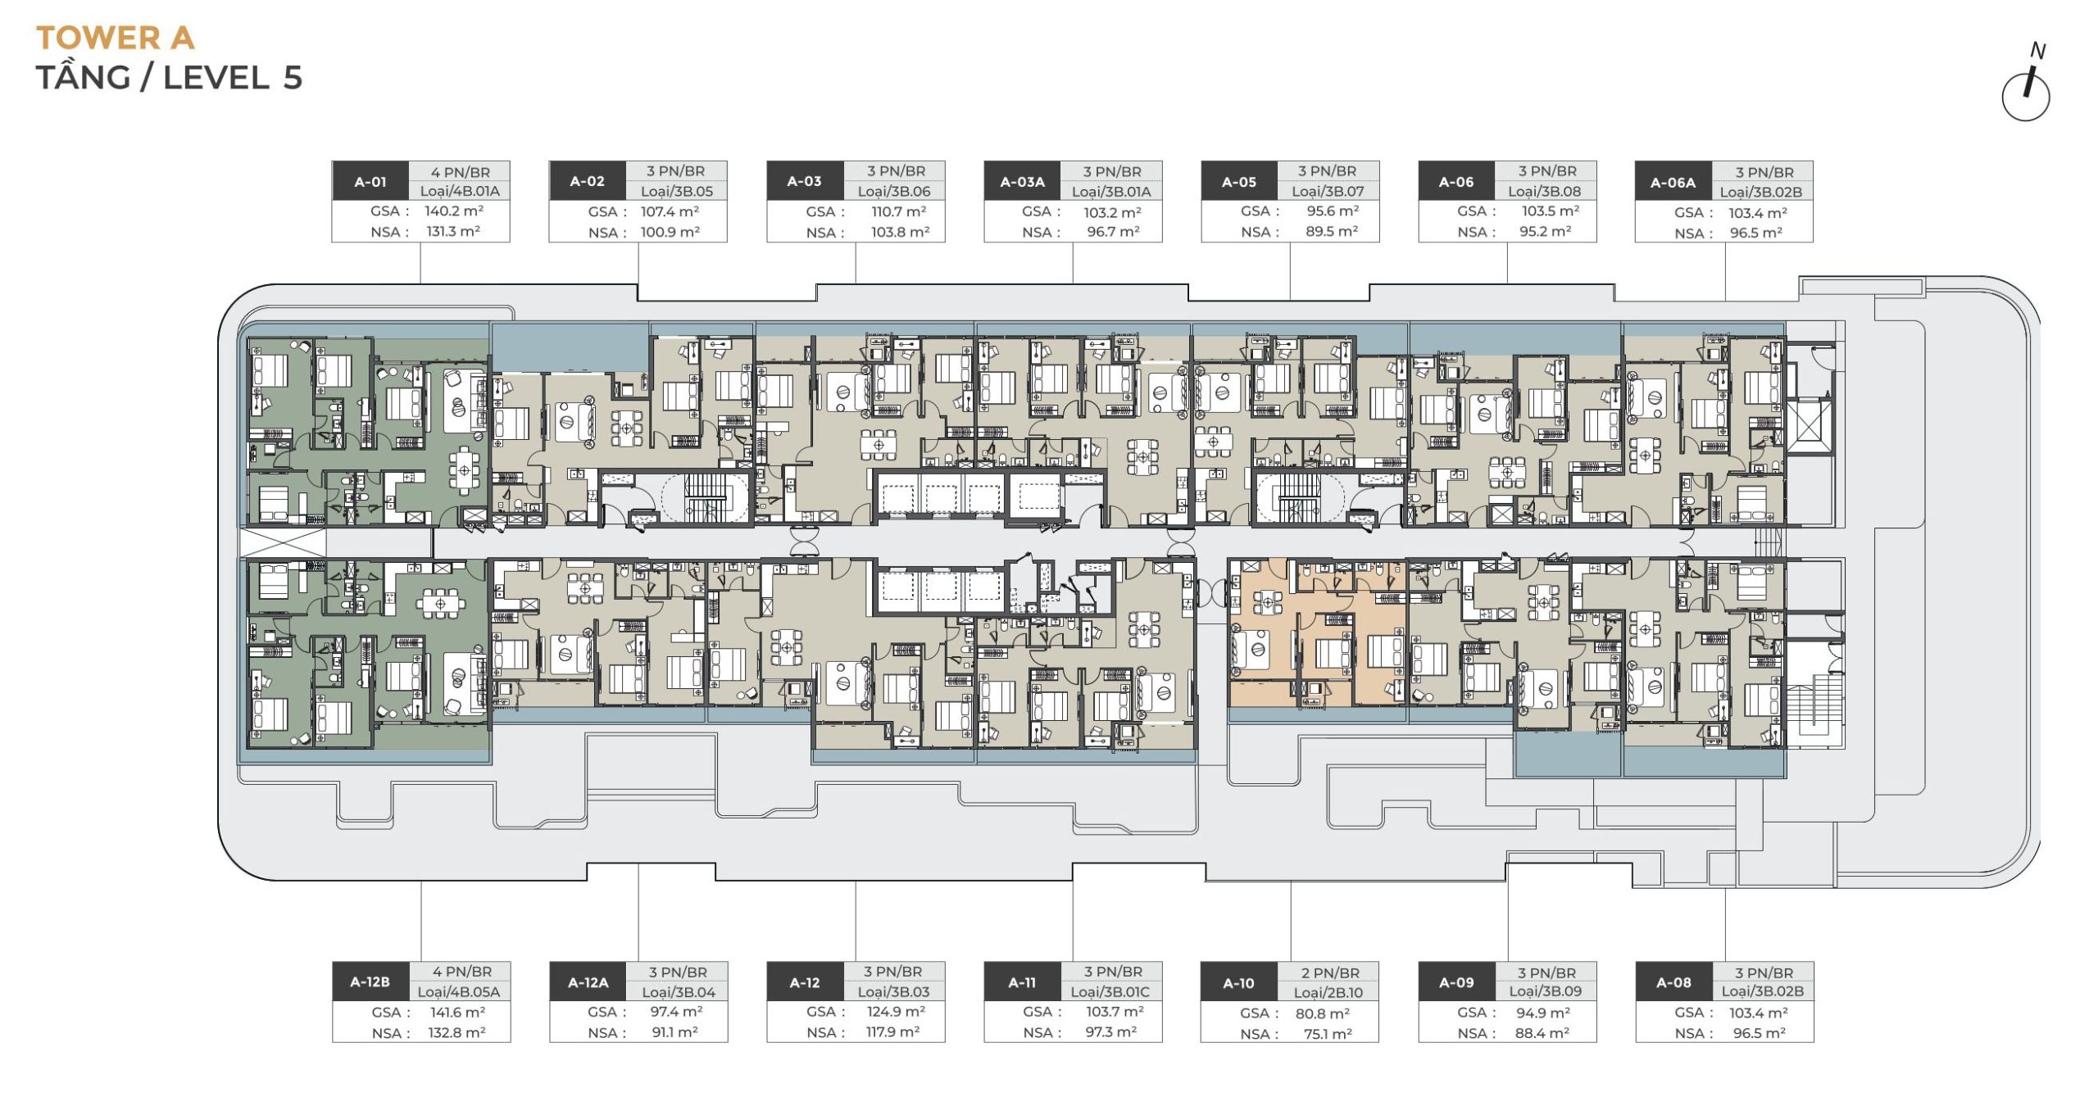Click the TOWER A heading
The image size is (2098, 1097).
(x=116, y=38)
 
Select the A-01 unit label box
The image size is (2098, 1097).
(x=370, y=182)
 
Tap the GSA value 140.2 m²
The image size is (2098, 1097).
(x=454, y=211)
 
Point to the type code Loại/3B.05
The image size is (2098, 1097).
(x=677, y=192)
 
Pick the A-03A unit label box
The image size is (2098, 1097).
(x=1022, y=182)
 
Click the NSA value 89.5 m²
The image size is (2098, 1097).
(x=1332, y=232)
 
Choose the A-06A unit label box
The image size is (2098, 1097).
(x=1673, y=183)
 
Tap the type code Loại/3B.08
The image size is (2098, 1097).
(x=1544, y=192)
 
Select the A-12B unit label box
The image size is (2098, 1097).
(x=370, y=982)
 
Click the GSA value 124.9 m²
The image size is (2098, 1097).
(x=896, y=1012)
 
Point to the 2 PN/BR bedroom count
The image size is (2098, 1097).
(x=1330, y=972)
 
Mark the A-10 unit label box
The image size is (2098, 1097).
(x=1238, y=983)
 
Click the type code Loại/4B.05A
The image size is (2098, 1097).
(x=459, y=992)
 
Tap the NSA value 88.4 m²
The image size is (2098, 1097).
(x=1542, y=1033)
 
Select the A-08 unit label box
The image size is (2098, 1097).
(x=1673, y=982)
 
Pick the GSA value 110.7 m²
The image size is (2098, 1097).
(x=898, y=211)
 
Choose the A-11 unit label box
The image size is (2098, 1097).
(x=1022, y=982)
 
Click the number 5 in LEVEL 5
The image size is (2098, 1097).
(x=293, y=78)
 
